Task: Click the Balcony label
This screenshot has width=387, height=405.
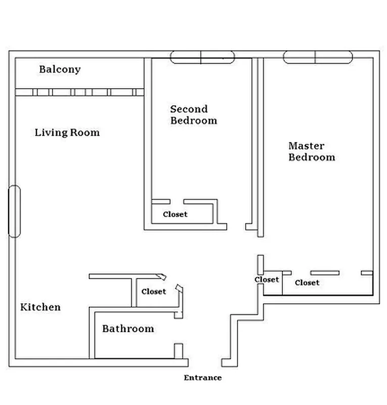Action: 60,69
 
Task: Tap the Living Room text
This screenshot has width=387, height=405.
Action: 67,133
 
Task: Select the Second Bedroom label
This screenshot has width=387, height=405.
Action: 193,115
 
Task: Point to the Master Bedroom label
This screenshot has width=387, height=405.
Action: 311,151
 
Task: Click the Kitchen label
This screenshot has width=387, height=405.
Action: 40,307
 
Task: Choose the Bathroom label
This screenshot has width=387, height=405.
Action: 128,329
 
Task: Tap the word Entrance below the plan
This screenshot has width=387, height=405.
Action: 202,378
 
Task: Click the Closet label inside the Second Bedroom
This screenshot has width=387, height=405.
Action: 175,214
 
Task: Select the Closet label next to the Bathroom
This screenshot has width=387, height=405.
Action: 154,292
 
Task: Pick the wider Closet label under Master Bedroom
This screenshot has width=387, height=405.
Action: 307,282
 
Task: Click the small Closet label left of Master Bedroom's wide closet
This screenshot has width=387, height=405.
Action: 266,279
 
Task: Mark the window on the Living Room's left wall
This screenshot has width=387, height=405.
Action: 15,211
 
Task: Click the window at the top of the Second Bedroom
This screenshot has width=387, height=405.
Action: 202,57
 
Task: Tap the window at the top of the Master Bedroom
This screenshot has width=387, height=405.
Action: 316,57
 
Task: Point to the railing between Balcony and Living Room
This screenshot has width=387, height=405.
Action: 79,92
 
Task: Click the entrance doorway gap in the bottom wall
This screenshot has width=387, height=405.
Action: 205,362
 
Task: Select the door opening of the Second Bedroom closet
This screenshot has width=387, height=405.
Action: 176,201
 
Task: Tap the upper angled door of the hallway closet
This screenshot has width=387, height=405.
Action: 161,276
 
